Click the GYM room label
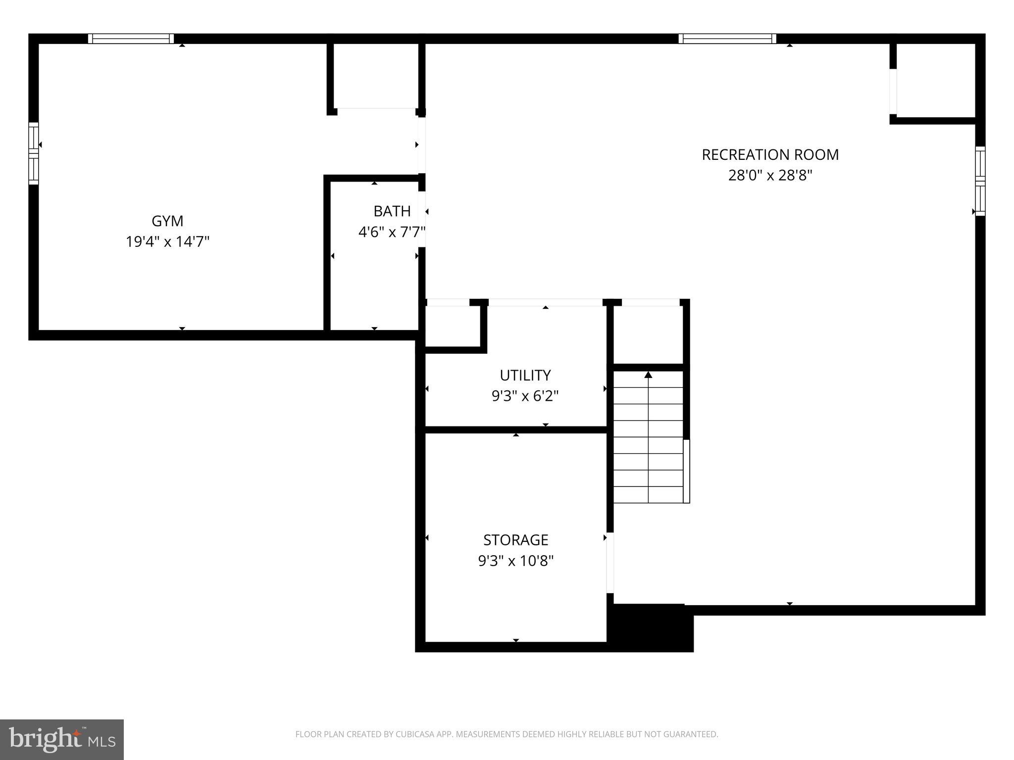pos(167,221)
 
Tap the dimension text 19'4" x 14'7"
pos(167,242)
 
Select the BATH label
pos(392,211)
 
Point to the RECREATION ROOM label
pos(770,155)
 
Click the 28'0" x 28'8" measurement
pos(770,176)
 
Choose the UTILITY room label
pos(525,376)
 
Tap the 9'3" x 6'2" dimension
pos(525,396)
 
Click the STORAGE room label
pos(515,540)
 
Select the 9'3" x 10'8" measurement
pos(515,561)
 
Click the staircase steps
pos(648,445)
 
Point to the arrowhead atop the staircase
pos(648,375)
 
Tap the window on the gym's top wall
pos(131,39)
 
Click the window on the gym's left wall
pos(33,153)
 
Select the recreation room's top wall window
pos(727,39)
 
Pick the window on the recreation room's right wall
pos(980,181)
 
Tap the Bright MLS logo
pos(62,739)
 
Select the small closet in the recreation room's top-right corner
pos(935,81)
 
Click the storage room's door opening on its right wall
pos(610,563)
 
